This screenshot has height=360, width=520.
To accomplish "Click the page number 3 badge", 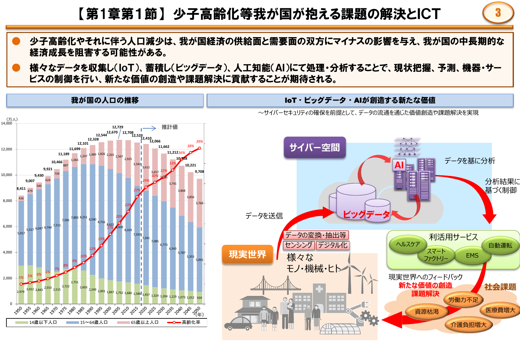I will point(498,13).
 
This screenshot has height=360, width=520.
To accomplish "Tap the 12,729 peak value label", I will point(117,127).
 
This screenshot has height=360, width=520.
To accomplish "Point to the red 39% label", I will point(199,141).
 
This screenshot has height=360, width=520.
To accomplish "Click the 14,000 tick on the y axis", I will point(7,123).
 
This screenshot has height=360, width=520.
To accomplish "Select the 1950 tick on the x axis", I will point(18,310).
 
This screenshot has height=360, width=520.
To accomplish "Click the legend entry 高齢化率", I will point(191,322).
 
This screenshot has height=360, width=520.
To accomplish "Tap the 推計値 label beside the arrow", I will point(170,127).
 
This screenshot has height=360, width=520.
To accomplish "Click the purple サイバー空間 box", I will point(315,148).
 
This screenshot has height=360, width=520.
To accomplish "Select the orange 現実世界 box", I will point(247,254).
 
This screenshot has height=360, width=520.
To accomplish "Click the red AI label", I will point(399,165).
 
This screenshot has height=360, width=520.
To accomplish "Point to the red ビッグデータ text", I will point(366,214).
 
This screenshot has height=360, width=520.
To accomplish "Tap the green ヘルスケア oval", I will point(408,244).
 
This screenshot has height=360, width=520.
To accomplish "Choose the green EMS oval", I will point(472,255).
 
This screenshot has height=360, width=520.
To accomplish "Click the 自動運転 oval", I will point(500,245).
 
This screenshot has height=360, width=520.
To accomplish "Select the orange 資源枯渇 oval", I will point(427,311).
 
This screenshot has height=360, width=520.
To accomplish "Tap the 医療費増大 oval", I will point(500,310).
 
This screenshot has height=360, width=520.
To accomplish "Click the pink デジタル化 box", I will point(332,245).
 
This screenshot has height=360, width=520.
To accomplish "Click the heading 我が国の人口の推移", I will point(105,100).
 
